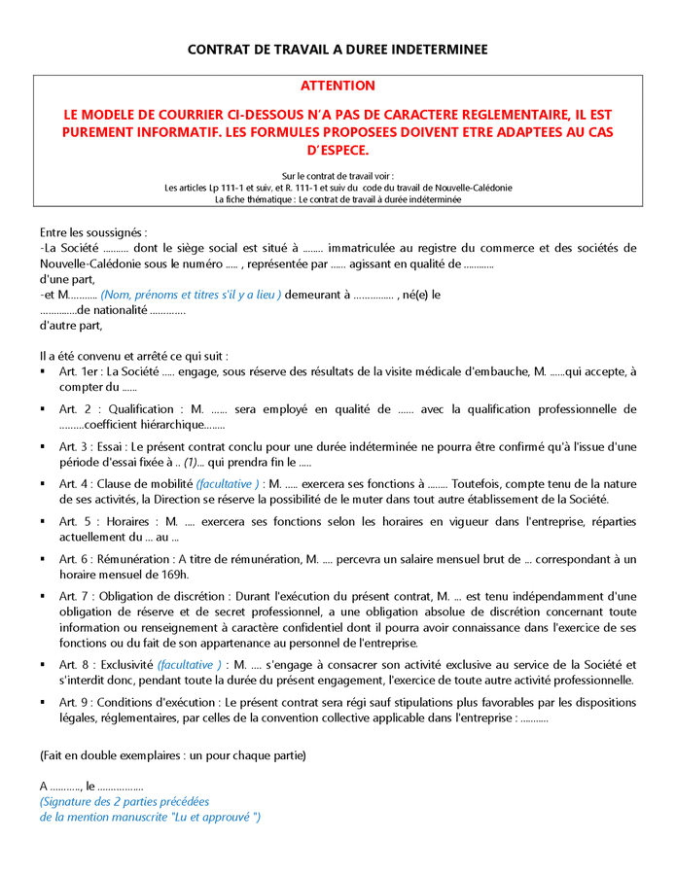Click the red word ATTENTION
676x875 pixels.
point(338,87)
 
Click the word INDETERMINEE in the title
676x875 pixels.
point(432,49)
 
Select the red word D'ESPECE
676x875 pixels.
point(338,151)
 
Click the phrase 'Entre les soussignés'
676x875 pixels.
point(93,233)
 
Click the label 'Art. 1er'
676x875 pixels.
point(78,371)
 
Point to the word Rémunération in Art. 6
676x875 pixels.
point(143,559)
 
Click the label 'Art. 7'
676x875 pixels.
point(74,596)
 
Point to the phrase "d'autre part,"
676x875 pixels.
point(71,325)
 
